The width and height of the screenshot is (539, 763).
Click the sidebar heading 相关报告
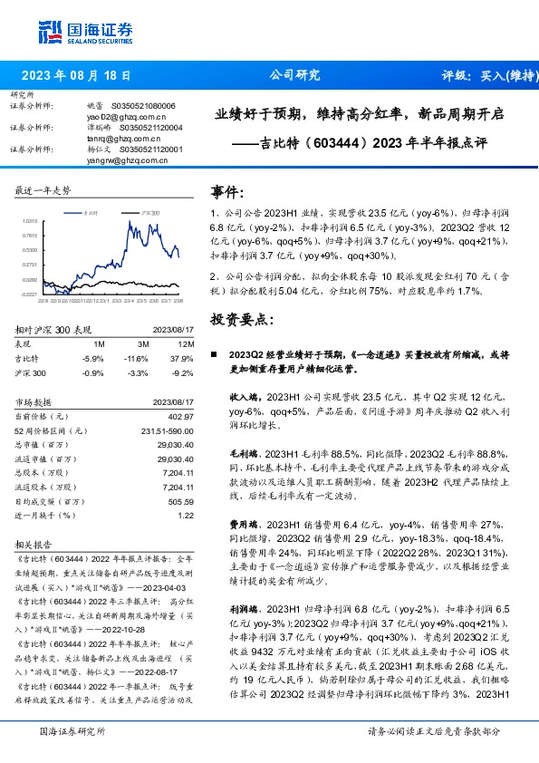click(31, 545)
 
